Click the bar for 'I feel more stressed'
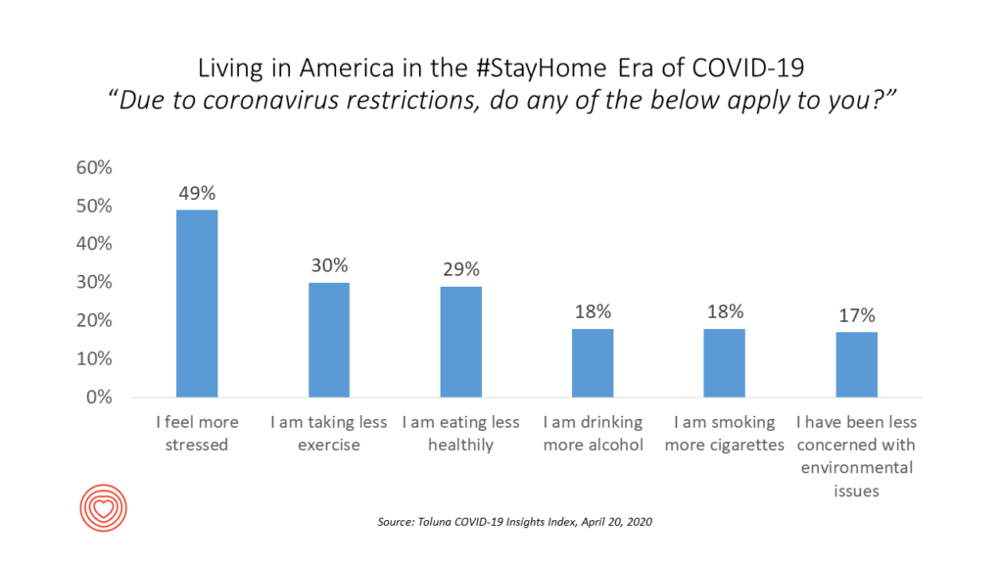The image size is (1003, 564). (197, 304)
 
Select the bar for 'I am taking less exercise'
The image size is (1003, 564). (329, 340)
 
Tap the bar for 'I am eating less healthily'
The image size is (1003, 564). (461, 342)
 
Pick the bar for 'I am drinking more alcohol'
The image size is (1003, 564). (593, 363)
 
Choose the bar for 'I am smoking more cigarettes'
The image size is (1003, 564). (725, 363)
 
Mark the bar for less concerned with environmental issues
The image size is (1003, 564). (856, 365)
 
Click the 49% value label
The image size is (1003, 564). (197, 193)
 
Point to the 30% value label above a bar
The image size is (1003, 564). (329, 265)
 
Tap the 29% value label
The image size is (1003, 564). (461, 269)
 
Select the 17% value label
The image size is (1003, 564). (856, 315)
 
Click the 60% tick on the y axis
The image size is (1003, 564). (94, 167)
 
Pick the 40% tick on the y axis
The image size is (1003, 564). (94, 244)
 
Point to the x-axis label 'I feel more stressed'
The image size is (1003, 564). (197, 434)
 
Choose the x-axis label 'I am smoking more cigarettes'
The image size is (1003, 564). (725, 434)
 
